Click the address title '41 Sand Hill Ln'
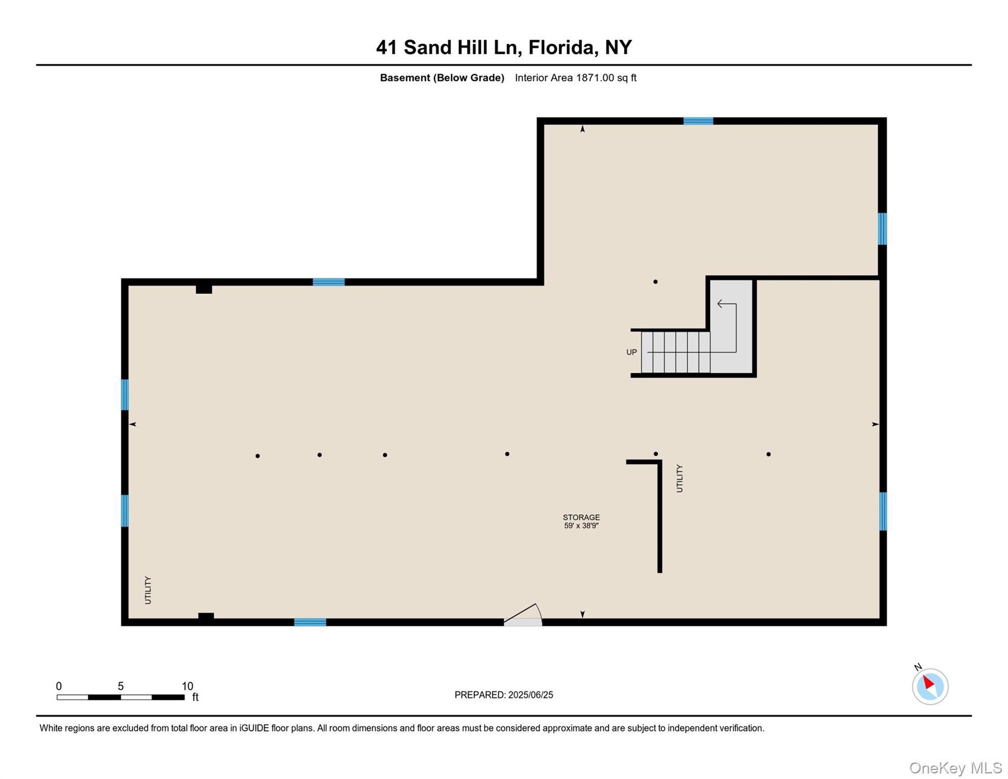pos(449,47)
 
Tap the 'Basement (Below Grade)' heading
pos(442,78)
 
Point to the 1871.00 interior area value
pos(595,78)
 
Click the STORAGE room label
pos(581,517)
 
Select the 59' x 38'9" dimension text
pos(581,526)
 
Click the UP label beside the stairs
pos(631,352)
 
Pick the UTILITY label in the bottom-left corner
pos(148,590)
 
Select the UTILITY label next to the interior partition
pos(679,478)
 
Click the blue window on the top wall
pos(698,121)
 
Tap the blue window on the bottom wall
pos(310,622)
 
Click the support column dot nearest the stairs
pos(656,281)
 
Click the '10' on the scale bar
pos(188,686)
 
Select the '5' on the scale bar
pos(121,686)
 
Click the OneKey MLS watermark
pos(955,768)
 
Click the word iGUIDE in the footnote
pos(254,728)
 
